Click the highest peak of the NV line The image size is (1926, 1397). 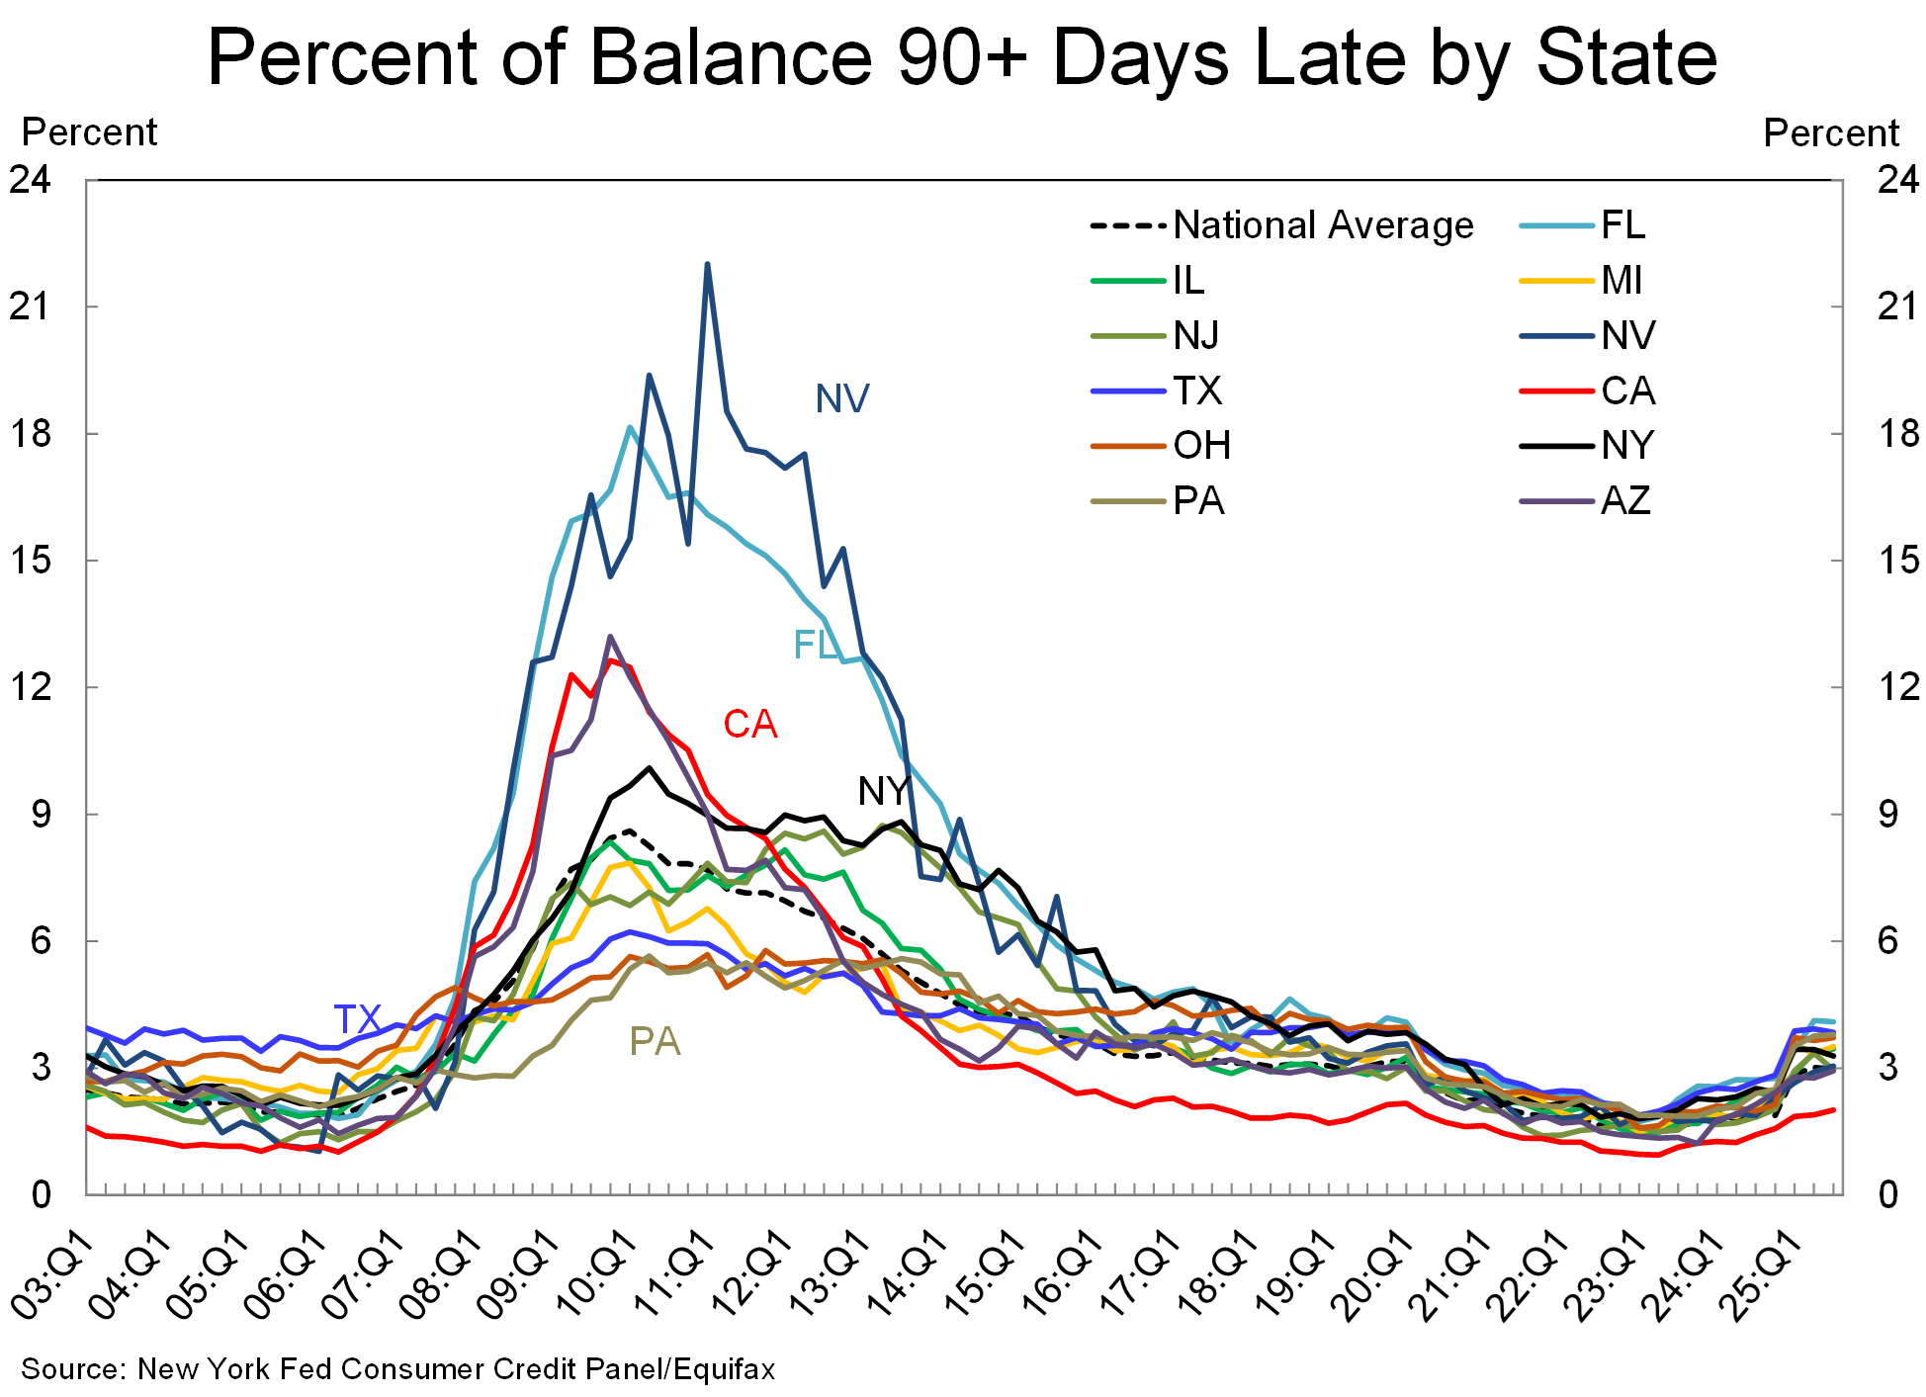point(707,264)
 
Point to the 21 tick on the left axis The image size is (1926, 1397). point(30,306)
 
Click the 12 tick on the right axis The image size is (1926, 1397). point(1897,686)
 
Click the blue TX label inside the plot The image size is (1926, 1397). point(357,1019)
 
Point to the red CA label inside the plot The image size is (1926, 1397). point(749,725)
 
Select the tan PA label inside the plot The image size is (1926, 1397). point(655,1042)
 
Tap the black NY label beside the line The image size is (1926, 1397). point(883,791)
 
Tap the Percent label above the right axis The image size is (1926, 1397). point(1831,132)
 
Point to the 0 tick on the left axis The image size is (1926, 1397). point(41,1194)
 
